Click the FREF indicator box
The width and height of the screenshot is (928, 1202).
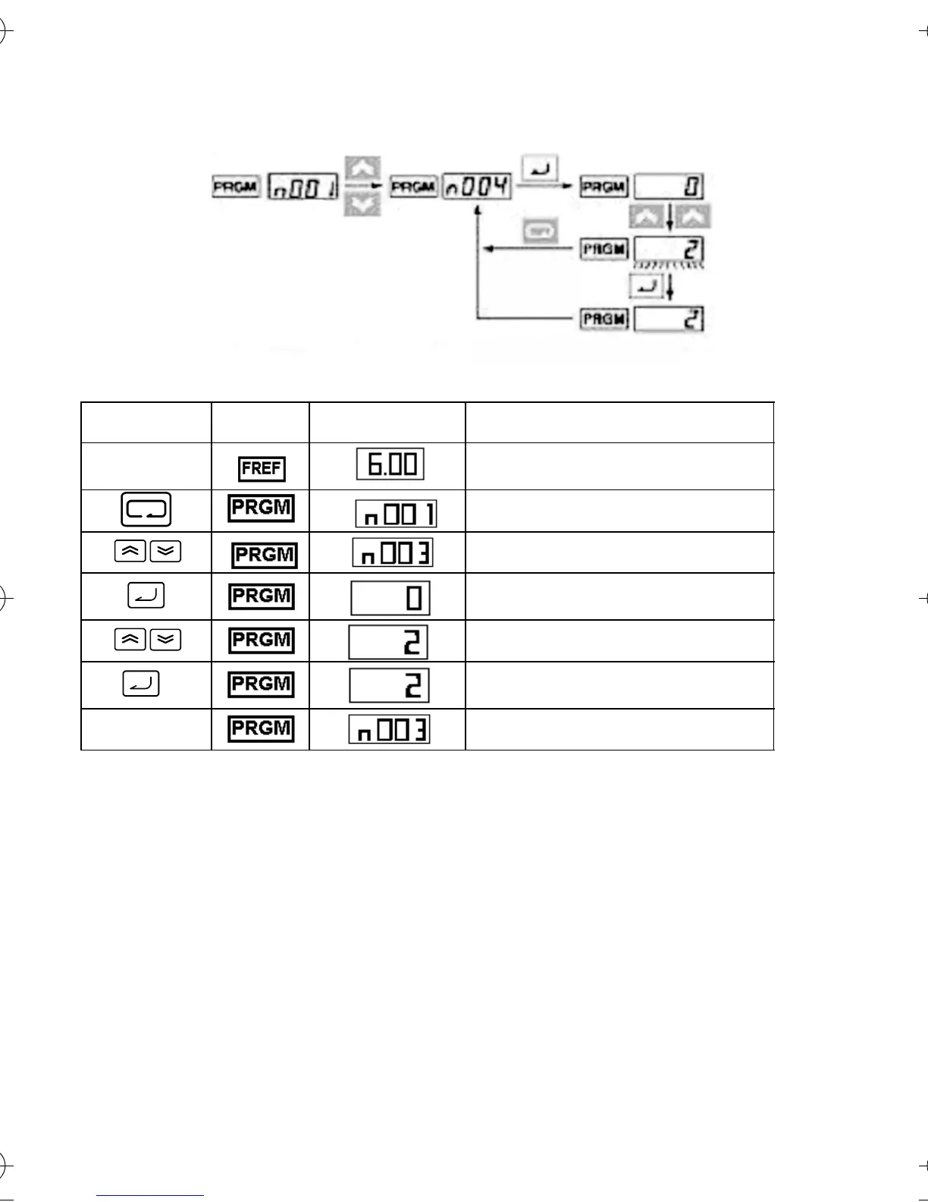262,468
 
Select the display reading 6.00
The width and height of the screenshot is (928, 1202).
390,464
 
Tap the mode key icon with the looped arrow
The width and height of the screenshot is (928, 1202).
146,510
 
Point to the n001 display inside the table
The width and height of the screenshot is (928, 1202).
396,514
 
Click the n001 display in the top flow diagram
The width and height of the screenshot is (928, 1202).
303,187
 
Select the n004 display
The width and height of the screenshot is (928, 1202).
477,186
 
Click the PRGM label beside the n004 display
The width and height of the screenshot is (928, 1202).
414,187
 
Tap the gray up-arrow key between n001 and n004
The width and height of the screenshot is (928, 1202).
362,168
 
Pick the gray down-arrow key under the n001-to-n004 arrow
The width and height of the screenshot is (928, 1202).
362,204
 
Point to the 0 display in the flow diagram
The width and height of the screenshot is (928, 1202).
669,187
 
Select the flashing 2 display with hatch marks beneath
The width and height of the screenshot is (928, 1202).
669,249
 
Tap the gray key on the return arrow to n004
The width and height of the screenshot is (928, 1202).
539,231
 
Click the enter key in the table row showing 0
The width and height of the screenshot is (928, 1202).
146,596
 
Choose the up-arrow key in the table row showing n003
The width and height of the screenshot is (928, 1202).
130,552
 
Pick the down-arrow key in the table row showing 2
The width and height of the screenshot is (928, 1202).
165,640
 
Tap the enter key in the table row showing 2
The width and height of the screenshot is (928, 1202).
141,684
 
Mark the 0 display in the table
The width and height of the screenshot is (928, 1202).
390,598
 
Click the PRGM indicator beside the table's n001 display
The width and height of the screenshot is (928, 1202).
261,508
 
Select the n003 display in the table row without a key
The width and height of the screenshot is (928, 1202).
389,730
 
